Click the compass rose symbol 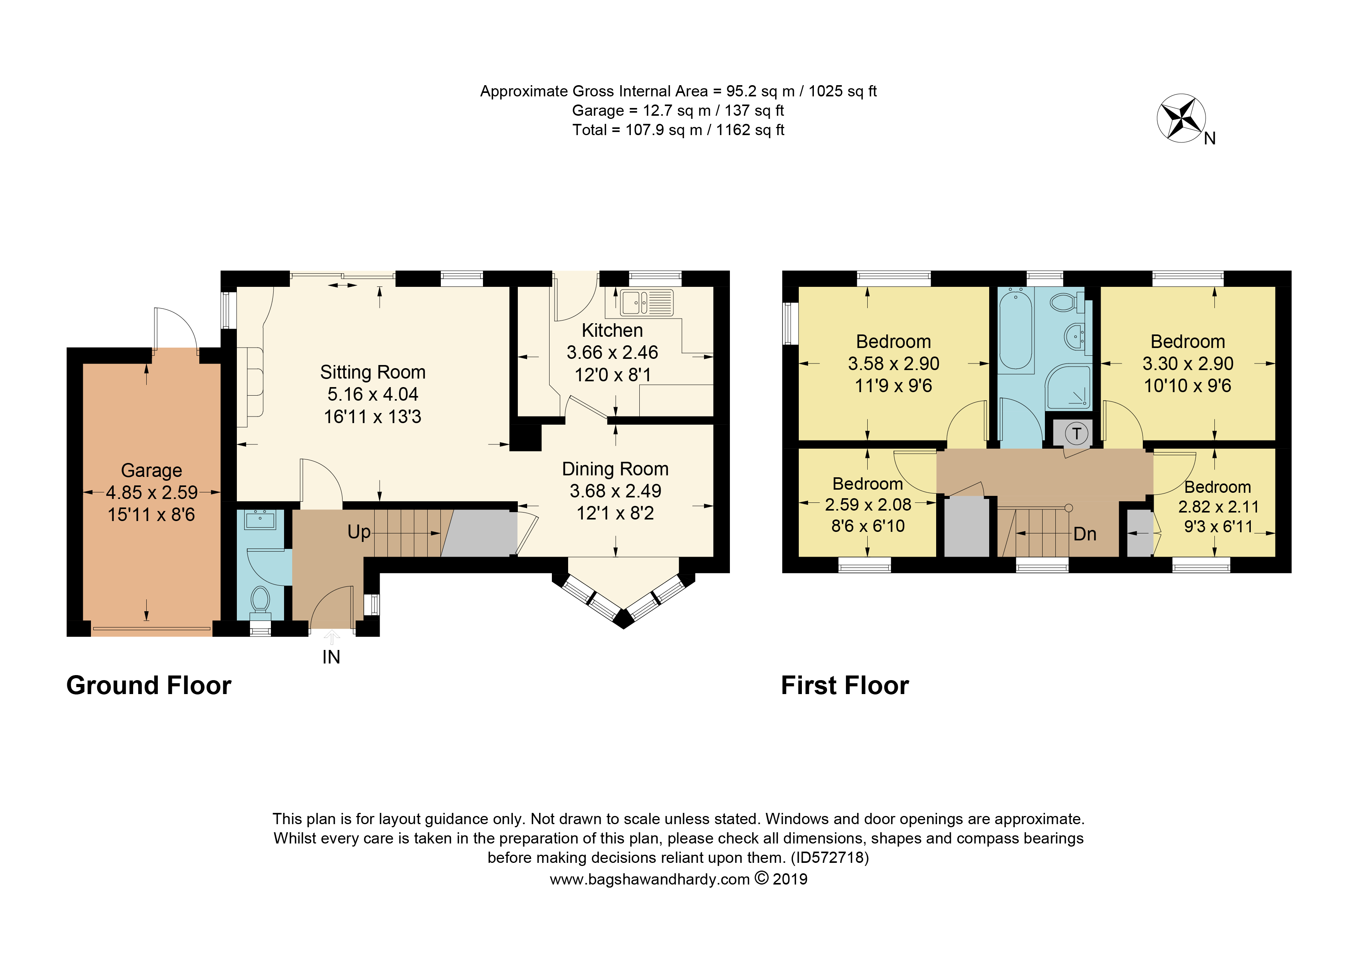[1181, 118]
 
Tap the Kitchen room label [612, 330]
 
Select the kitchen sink [646, 302]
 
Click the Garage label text [151, 470]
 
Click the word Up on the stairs [359, 532]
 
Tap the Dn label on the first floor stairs [1085, 534]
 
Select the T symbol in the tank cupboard [1077, 434]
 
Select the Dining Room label [615, 469]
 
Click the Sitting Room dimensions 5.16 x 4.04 [373, 394]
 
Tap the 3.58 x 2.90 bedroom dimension [893, 363]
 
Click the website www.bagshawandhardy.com [649, 879]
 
